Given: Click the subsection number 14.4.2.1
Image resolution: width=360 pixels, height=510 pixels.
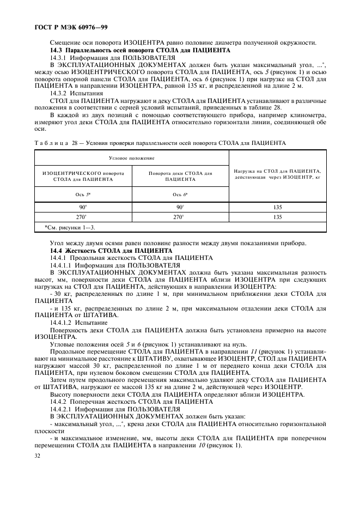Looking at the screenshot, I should [63, 408].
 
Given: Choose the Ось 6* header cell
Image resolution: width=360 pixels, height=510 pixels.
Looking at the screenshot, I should [180, 193].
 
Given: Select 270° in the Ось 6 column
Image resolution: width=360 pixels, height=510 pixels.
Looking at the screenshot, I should [180, 217].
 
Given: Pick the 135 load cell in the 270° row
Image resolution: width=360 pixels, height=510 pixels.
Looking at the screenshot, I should [277, 217].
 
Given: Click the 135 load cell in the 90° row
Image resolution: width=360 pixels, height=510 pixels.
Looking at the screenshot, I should [277, 207].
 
